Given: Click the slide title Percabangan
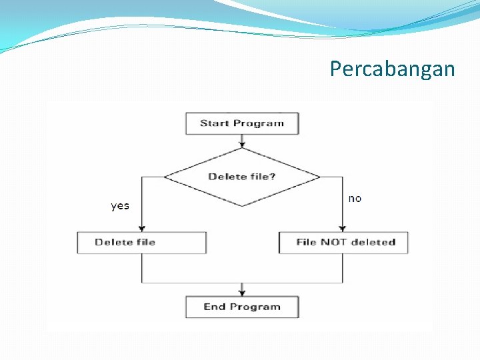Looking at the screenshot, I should tap(392, 69).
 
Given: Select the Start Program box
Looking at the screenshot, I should tap(242, 123).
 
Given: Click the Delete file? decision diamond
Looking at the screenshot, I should tap(242, 177).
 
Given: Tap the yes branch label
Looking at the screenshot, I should tap(120, 206).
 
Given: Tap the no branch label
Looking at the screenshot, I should tap(355, 199).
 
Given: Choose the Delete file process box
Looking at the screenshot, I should tap(141, 242).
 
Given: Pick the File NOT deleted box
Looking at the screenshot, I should tap(343, 242).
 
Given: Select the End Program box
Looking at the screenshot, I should tap(242, 307).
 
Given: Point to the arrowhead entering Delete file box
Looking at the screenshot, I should tap(141, 228).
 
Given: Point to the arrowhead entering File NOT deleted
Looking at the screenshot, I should tap(343, 228).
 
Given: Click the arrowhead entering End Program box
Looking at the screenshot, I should tap(242, 292).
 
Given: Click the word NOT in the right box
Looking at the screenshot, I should tap(333, 242).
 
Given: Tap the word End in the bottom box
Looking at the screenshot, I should tap(215, 307).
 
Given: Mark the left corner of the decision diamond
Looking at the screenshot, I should tap(165, 177).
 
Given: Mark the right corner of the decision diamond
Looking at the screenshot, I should tap(319, 177).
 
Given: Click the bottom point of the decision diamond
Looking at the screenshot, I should tap(242, 205).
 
